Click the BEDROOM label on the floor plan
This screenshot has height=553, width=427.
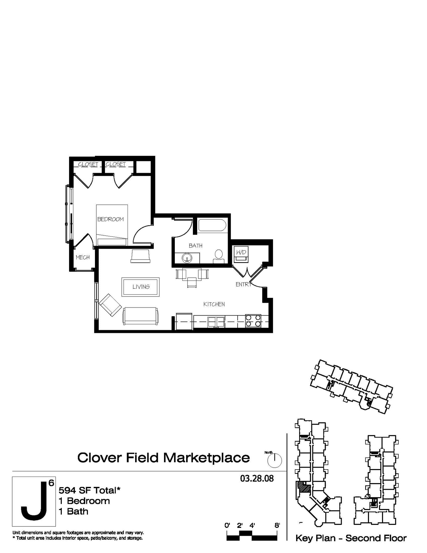click(110, 219)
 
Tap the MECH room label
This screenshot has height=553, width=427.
click(83, 257)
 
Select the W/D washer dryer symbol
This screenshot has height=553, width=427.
click(241, 254)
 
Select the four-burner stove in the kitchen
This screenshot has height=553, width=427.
click(253, 321)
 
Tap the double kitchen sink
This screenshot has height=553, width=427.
click(216, 322)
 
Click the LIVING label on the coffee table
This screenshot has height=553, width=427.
click(141, 287)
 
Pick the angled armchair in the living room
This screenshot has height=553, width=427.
click(110, 305)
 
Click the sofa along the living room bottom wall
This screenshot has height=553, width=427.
click(141, 316)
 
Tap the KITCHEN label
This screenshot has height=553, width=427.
click(214, 304)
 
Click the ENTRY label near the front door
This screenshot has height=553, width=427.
click(243, 284)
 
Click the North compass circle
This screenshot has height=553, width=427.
click(275, 460)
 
